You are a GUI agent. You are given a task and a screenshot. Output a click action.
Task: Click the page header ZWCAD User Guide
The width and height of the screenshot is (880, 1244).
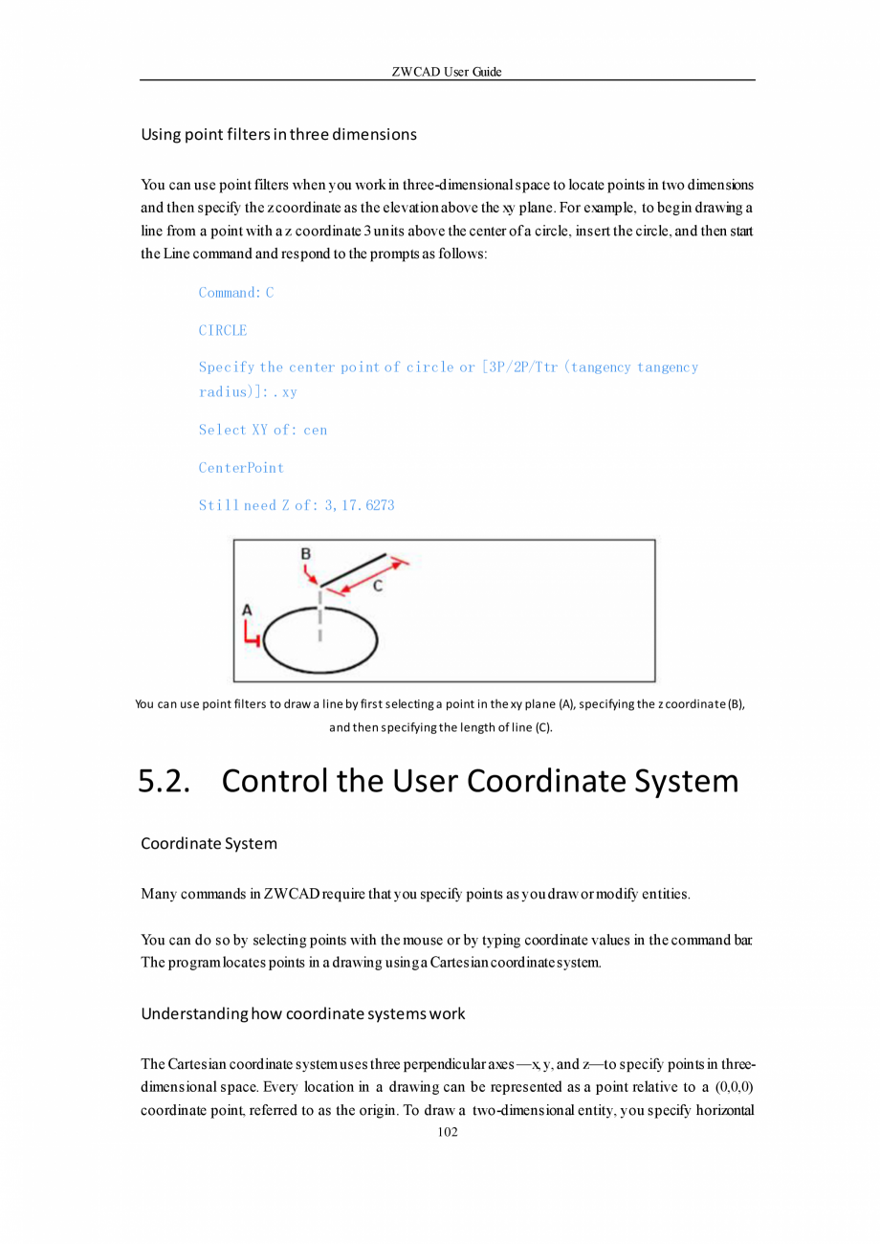(x=447, y=72)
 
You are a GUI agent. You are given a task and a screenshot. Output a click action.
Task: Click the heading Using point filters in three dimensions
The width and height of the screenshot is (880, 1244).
(x=278, y=134)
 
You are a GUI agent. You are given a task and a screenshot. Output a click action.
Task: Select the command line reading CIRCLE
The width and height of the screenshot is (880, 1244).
(x=223, y=330)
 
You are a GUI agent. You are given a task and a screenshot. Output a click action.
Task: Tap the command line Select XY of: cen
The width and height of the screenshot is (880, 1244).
(x=263, y=430)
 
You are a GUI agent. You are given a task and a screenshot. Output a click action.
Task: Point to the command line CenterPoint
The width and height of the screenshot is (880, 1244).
(x=241, y=468)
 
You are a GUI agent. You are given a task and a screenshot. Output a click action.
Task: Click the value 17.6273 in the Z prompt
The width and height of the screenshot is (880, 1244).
(x=366, y=505)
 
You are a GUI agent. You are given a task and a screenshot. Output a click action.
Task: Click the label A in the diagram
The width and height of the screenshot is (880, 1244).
(x=247, y=609)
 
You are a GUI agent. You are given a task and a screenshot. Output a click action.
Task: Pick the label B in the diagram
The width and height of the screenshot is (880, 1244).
(x=305, y=554)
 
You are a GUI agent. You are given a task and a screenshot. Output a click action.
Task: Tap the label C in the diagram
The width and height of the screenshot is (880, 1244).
(x=378, y=587)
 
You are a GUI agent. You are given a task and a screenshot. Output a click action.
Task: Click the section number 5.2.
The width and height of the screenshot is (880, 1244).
(x=165, y=781)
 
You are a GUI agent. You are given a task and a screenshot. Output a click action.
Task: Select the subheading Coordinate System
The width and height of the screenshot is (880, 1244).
(x=209, y=843)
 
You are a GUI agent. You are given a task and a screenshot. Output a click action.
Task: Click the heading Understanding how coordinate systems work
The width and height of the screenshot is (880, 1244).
(x=302, y=1013)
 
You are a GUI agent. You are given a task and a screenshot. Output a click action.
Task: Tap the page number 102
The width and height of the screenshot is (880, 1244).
(x=447, y=1132)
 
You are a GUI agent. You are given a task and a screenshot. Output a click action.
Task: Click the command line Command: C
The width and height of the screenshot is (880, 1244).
(x=236, y=293)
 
